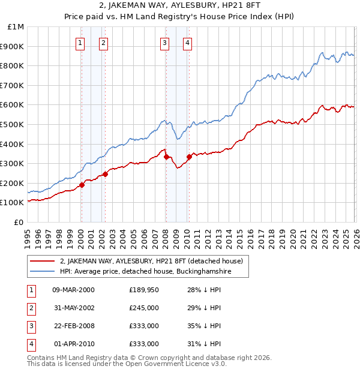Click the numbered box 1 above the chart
80,43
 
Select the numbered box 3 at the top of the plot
164,43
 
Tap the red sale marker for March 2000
82,185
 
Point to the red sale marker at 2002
105,174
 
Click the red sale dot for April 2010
189,157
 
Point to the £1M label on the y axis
16,27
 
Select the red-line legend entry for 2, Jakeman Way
151,261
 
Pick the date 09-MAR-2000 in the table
73,290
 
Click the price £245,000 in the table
143,308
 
